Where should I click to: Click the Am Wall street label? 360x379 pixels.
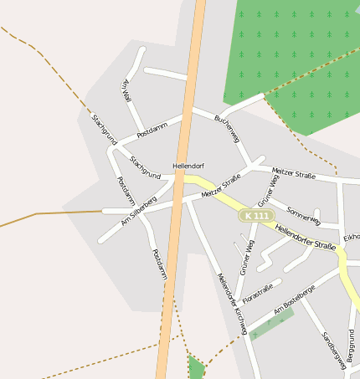[127, 90]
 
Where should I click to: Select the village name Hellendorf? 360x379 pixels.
[188, 166]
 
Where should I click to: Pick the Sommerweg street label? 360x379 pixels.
[303, 215]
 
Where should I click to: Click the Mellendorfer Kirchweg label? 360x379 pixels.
[231, 304]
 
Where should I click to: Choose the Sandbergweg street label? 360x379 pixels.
[333, 350]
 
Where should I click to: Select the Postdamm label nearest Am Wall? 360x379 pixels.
[152, 128]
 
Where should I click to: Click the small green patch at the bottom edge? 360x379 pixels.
[196, 367]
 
